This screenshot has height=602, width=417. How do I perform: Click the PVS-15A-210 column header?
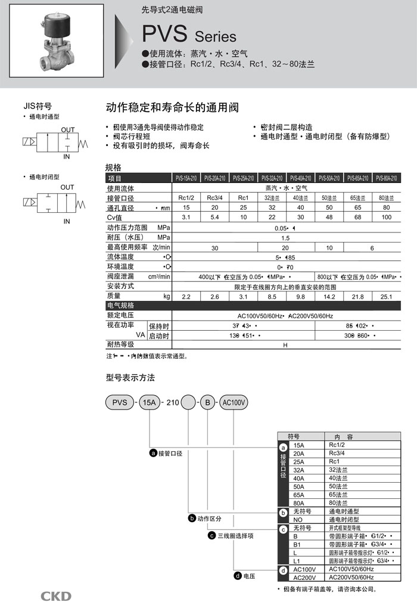(x=186, y=178)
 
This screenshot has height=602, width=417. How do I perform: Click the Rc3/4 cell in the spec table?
(x=214, y=198)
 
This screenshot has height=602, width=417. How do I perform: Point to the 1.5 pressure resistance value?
(x=286, y=237)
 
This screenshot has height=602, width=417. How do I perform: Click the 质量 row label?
(x=114, y=296)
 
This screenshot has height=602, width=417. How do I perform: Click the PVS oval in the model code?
(x=119, y=402)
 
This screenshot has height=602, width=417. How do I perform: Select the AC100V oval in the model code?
(x=234, y=402)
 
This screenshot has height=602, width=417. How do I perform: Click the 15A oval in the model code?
(x=148, y=402)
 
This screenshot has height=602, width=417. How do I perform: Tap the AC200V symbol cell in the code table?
(x=305, y=577)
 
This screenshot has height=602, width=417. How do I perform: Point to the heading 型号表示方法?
(x=130, y=378)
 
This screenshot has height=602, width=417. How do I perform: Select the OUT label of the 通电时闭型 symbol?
(x=67, y=187)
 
